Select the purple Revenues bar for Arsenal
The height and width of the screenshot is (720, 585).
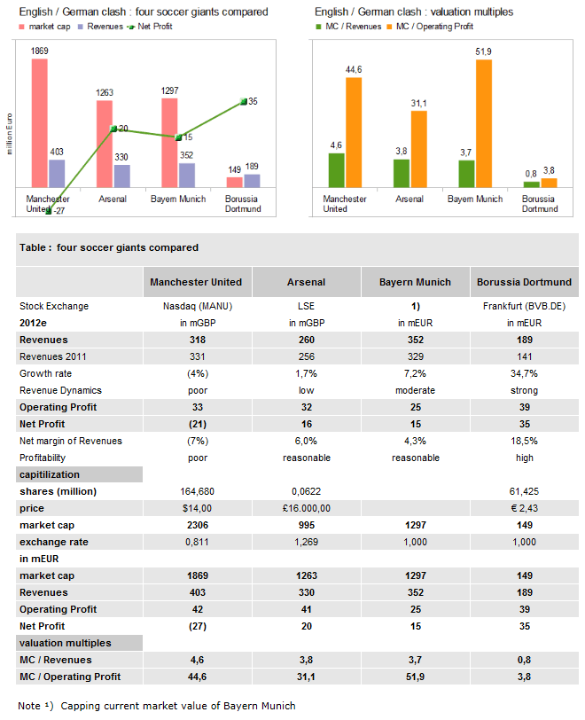[122, 176]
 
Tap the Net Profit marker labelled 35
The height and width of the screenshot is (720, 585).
[243, 102]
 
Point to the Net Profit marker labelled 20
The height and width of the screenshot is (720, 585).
[113, 129]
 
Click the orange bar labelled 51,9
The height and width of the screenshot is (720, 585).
[483, 123]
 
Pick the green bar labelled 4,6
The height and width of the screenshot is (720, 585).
[336, 170]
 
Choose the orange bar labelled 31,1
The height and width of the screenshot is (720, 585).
[418, 149]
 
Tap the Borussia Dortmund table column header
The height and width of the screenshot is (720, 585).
[524, 282]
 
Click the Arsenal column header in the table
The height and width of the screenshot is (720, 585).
[306, 282]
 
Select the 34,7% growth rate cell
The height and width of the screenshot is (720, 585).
[524, 373]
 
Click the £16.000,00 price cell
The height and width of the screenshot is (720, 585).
[306, 508]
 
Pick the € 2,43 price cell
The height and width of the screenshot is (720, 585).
[524, 508]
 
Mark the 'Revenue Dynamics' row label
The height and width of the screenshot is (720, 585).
[60, 390]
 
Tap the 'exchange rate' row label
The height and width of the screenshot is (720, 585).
[54, 542]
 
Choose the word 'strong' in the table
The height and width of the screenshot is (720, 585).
[524, 390]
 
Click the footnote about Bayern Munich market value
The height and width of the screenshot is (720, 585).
[157, 706]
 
